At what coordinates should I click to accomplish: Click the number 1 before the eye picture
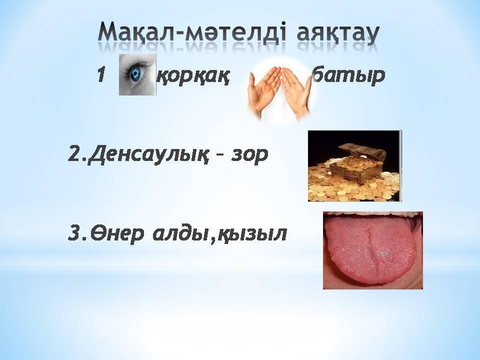[x=102, y=74]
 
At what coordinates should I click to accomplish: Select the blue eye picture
[x=137, y=74]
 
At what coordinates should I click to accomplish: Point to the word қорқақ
[x=193, y=76]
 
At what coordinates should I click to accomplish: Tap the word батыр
[x=348, y=75]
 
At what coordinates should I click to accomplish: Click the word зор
[x=249, y=155]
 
